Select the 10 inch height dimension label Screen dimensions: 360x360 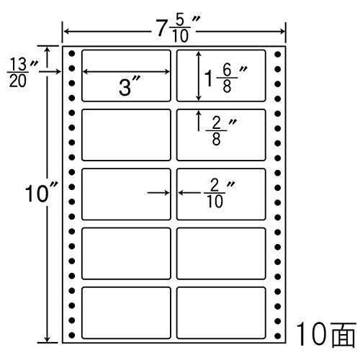41,193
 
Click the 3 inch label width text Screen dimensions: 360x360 129,86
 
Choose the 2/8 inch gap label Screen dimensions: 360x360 221,131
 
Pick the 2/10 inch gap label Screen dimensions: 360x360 219,194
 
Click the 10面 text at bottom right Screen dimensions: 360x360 326,334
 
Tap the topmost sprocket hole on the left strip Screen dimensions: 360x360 72,53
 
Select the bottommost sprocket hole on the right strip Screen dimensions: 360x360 278,336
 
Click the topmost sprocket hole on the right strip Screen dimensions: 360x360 278,54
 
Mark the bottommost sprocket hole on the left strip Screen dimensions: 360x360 72,335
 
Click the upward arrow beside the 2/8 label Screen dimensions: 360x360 199,120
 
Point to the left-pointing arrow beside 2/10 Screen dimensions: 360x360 189,192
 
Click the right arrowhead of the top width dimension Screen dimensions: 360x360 283,31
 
